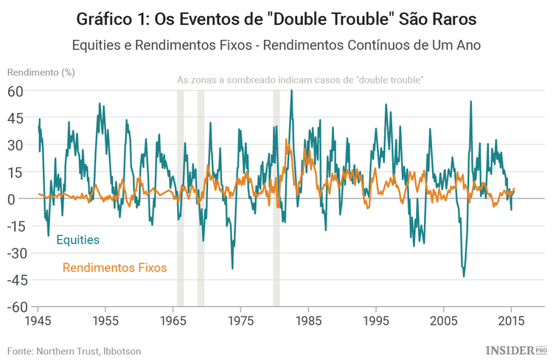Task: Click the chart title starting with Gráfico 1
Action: pyautogui.click(x=276, y=17)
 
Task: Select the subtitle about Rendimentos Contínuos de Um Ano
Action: pyautogui.click(x=276, y=44)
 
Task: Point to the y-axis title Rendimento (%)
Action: pyautogui.click(x=41, y=72)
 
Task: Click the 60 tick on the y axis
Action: pyautogui.click(x=16, y=91)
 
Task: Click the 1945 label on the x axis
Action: pyautogui.click(x=38, y=322)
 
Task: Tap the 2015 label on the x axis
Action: pyautogui.click(x=512, y=322)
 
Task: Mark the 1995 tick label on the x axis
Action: pyautogui.click(x=377, y=322)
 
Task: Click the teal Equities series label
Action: pyautogui.click(x=77, y=240)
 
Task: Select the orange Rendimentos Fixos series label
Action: pyautogui.click(x=114, y=267)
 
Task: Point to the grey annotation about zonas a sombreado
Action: pyautogui.click(x=300, y=80)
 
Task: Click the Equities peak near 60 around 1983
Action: pyautogui.click(x=291, y=91)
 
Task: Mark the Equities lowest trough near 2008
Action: pyautogui.click(x=464, y=276)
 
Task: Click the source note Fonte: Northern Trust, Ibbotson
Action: pyautogui.click(x=74, y=351)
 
